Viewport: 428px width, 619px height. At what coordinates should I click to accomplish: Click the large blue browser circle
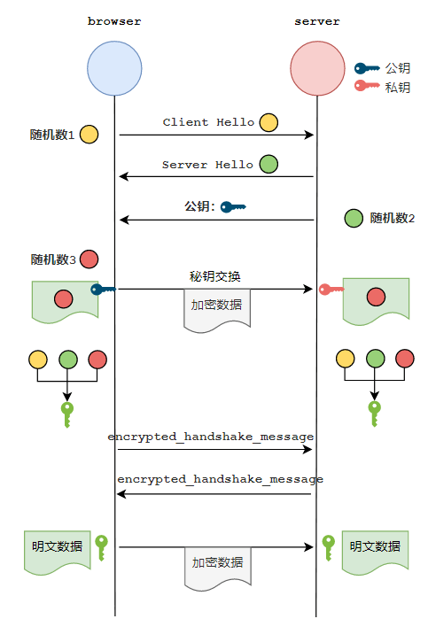click(114, 68)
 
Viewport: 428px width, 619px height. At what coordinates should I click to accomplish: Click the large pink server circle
click(317, 68)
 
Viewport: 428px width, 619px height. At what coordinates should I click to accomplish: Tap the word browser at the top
click(114, 21)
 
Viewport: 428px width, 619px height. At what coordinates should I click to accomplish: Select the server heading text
click(317, 21)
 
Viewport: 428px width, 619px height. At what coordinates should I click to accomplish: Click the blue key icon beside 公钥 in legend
click(366, 69)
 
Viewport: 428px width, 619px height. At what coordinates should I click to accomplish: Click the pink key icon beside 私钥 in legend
click(366, 85)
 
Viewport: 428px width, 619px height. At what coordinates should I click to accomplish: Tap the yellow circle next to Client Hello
click(268, 122)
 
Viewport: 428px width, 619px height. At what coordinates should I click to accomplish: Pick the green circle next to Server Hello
click(268, 164)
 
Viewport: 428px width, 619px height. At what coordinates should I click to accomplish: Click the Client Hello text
click(208, 122)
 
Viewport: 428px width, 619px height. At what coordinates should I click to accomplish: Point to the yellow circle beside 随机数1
click(89, 135)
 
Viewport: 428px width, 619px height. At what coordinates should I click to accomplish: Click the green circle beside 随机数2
click(354, 219)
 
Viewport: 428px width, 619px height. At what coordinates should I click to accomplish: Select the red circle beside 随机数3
click(89, 259)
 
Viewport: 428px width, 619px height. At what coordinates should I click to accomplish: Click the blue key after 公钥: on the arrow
click(233, 207)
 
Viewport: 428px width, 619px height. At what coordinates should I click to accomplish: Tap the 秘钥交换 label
click(215, 276)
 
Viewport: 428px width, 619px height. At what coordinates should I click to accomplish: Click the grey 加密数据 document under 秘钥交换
click(217, 310)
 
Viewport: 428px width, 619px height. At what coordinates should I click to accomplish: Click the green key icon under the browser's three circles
click(67, 414)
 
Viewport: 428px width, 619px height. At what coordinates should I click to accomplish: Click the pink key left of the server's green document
click(331, 290)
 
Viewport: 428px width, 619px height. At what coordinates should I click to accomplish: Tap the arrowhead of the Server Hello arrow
click(123, 176)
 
